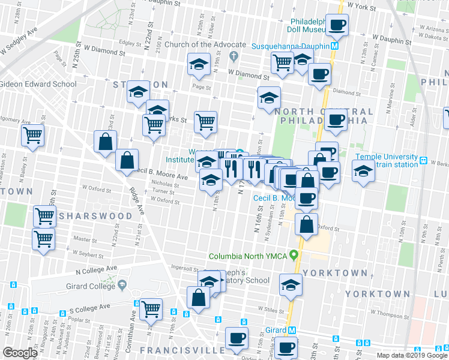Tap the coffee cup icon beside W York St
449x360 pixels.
click(337, 25)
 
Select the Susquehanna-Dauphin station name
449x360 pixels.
click(290, 46)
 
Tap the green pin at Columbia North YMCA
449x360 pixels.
click(294, 255)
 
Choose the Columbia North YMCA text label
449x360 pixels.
click(247, 256)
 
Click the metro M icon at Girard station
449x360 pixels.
click(292, 330)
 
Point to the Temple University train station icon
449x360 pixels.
click(423, 161)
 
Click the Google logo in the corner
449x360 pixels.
click(20, 352)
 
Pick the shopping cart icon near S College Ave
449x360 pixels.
click(151, 309)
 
